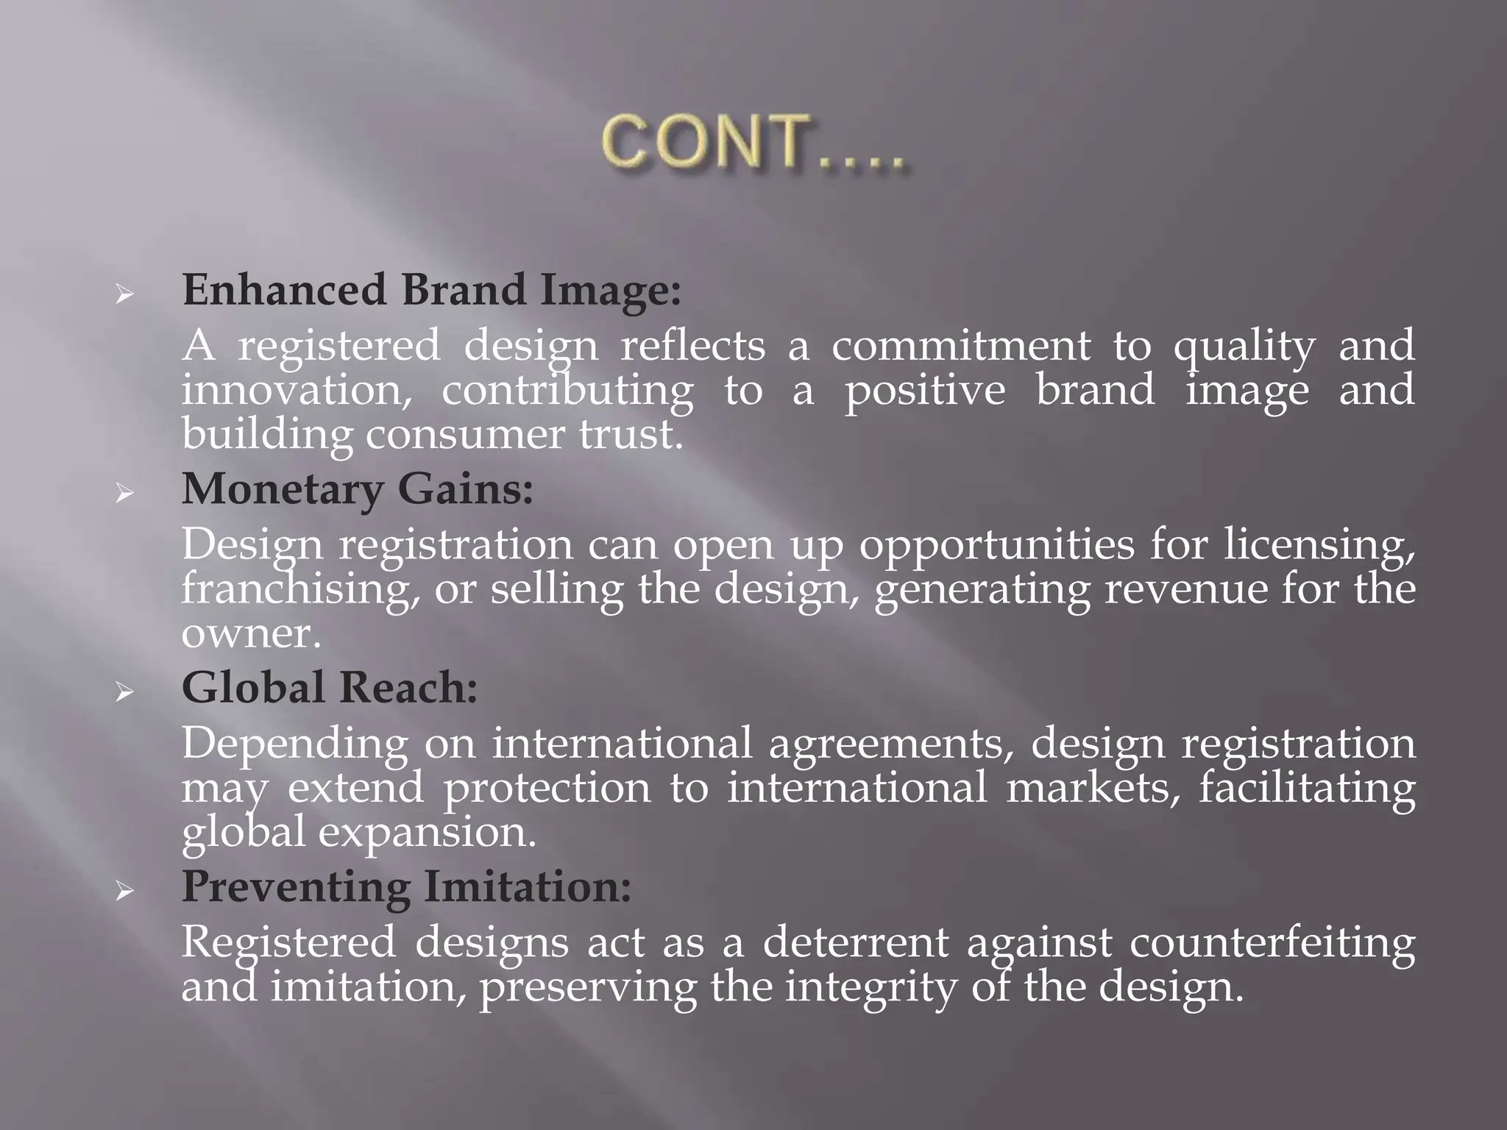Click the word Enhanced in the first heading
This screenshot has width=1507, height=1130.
point(284,290)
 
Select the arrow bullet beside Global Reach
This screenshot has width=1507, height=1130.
point(124,693)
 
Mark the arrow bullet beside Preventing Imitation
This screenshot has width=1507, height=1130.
point(124,892)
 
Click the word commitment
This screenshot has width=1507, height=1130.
point(961,346)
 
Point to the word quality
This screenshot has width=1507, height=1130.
point(1244,347)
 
